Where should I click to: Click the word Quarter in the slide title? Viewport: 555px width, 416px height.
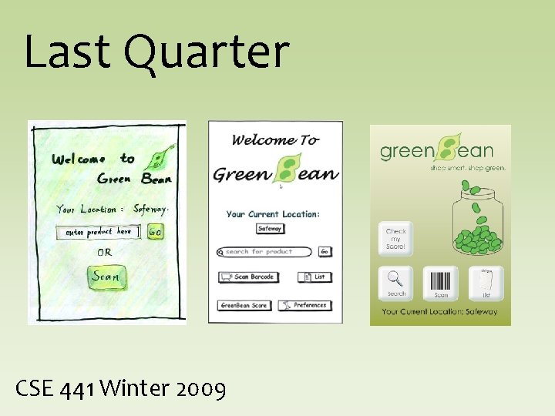206,52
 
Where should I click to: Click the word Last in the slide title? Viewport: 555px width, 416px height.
69,52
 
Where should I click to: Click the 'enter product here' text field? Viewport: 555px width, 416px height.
98,232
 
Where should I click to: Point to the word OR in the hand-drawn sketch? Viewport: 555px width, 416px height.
104,252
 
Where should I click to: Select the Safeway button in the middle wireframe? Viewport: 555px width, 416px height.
270,229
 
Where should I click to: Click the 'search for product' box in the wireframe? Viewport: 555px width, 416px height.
266,252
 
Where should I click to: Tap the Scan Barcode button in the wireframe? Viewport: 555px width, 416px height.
248,277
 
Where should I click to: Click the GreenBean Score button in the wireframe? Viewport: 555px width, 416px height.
244,305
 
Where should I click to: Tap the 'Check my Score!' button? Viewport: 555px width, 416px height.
396,239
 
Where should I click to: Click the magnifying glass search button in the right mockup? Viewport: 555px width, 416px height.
396,283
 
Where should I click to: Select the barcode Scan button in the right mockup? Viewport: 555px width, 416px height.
441,283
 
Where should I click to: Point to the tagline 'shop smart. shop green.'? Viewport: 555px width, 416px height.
468,167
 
